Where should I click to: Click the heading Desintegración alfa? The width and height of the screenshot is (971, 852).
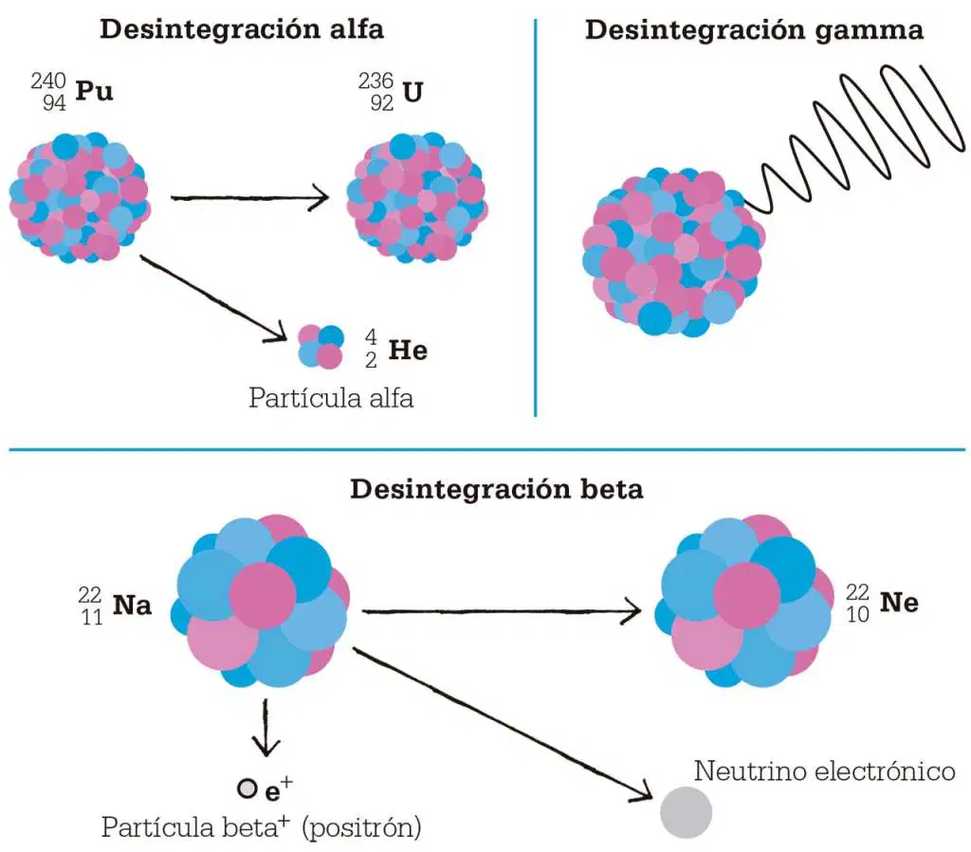click(242, 29)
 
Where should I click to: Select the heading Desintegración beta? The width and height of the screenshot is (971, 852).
click(497, 489)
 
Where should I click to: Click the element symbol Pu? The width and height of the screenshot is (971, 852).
click(94, 91)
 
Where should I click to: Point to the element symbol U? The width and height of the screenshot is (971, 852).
click(412, 92)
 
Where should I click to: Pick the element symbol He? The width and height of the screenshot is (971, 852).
click(408, 351)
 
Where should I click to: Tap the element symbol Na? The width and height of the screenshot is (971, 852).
click(132, 606)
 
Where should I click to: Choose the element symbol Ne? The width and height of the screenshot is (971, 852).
click(899, 603)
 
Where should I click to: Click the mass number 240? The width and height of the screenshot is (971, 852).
click(48, 81)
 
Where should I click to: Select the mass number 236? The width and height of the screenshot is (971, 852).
click(376, 81)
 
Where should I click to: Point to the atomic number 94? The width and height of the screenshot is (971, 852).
click(54, 102)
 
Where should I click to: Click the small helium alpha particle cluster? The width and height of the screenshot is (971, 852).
click(321, 347)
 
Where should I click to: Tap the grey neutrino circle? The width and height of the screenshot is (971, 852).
click(686, 812)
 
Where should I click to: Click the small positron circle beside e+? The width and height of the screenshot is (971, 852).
click(247, 789)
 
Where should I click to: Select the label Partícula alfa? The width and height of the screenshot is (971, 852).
click(331, 398)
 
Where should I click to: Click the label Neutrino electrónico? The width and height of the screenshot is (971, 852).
click(824, 770)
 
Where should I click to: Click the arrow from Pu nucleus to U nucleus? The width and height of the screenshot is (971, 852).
click(249, 198)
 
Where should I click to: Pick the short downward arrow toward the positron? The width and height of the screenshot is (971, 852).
click(266, 728)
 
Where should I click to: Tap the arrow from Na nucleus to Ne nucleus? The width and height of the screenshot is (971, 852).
click(502, 611)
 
